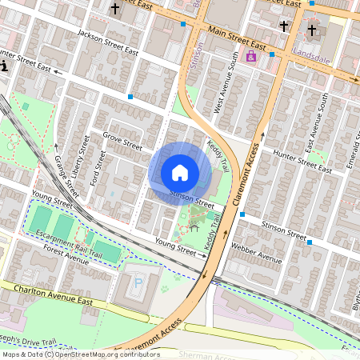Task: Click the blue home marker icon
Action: pyautogui.click(x=180, y=172)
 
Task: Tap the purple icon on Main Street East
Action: pyautogui.click(x=251, y=57)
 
